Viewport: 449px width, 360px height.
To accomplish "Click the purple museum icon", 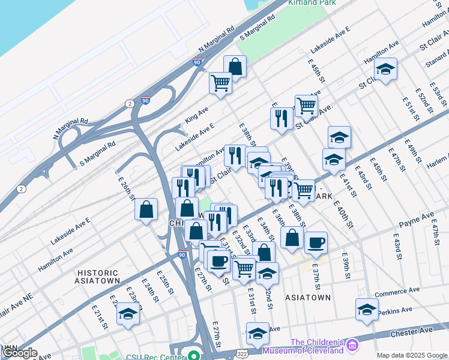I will pos(352,346).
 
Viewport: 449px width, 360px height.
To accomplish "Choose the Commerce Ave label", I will pos(395,294).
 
